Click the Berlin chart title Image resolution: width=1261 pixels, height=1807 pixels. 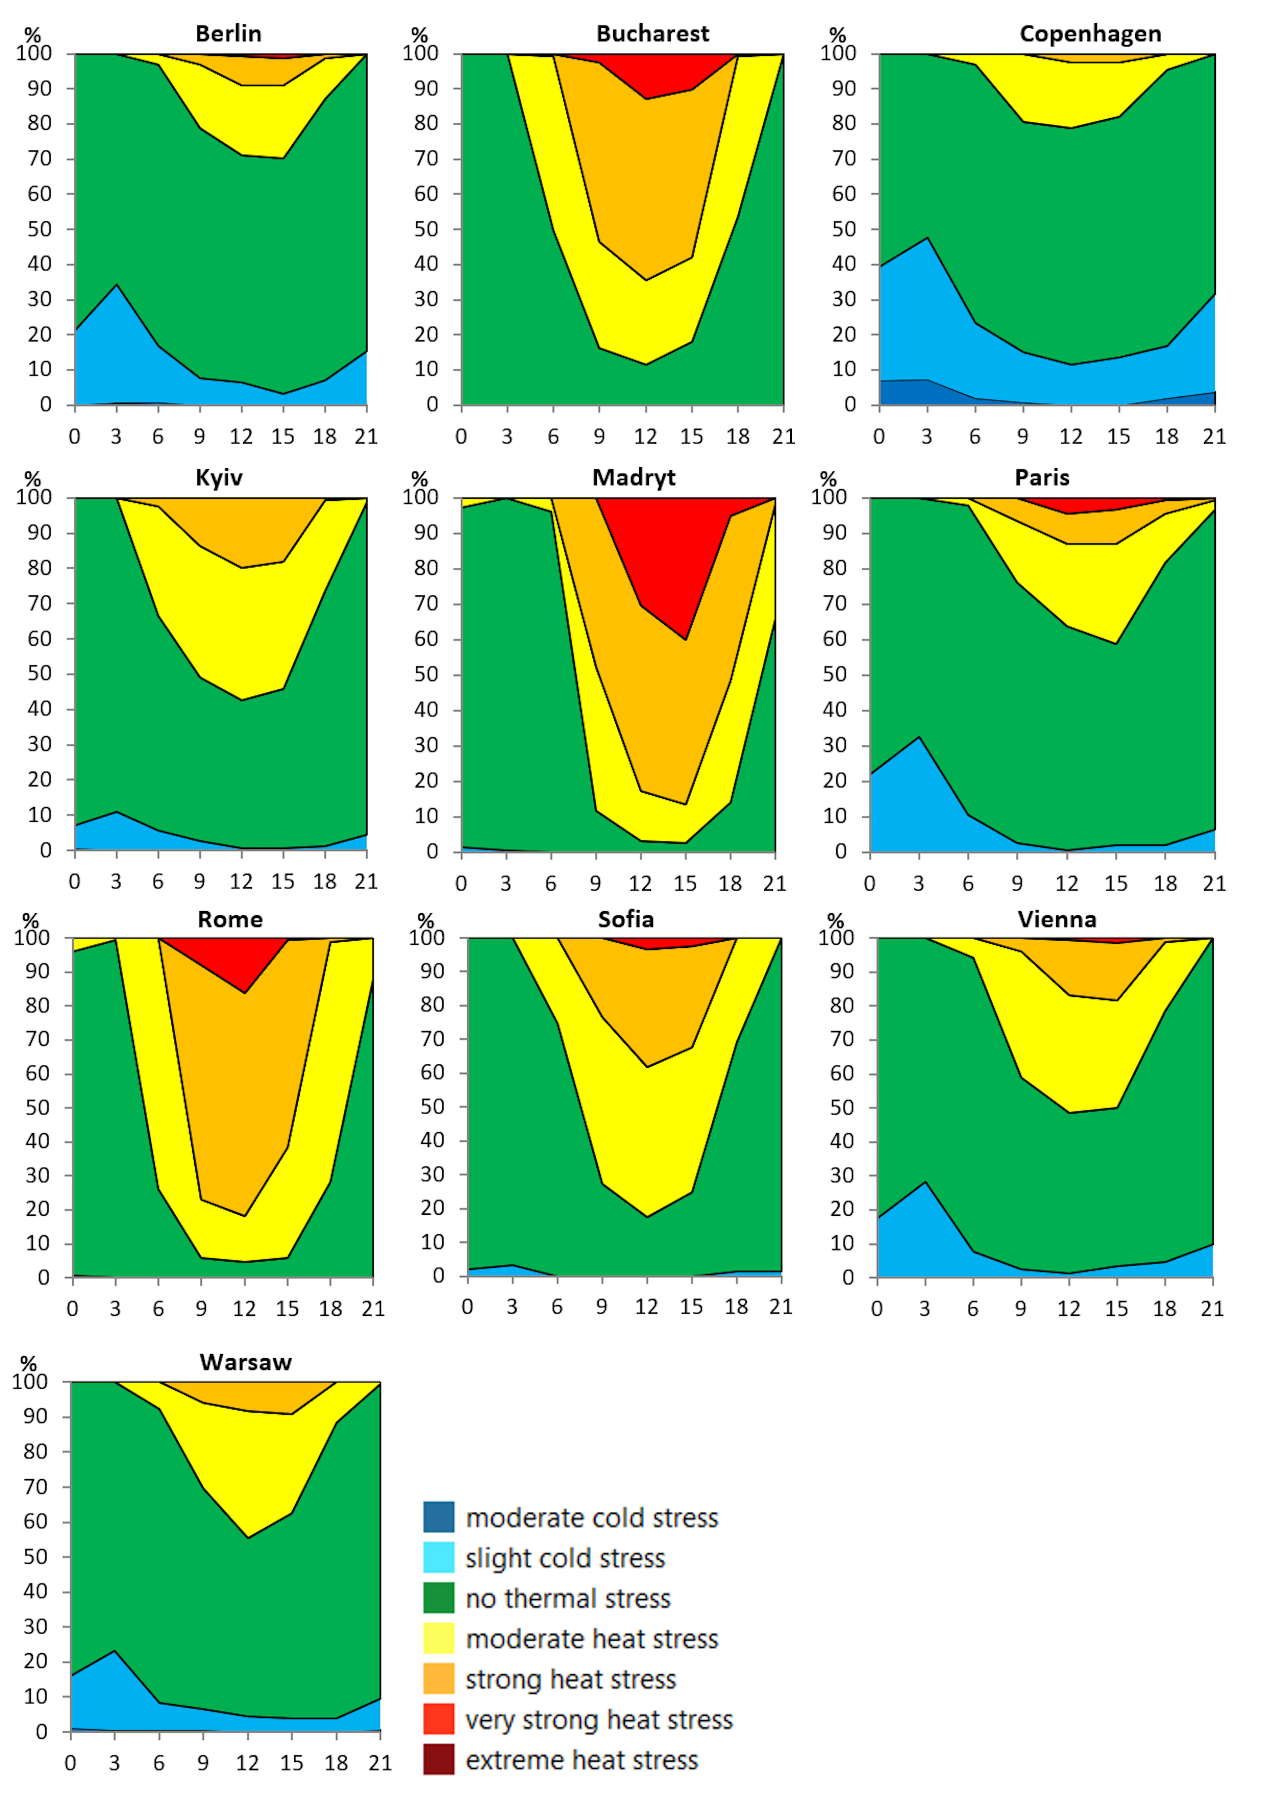(x=228, y=34)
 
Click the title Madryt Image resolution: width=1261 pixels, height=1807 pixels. (x=634, y=478)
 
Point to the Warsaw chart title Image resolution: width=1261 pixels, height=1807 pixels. (x=245, y=1362)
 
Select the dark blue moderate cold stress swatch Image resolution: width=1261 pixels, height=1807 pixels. (x=438, y=1517)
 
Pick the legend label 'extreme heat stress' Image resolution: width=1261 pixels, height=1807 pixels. (x=582, y=1760)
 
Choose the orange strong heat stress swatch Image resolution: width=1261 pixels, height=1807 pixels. (x=438, y=1679)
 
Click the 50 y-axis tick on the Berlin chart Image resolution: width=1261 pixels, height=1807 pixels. (x=39, y=229)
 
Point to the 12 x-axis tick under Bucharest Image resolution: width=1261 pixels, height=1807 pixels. (x=645, y=437)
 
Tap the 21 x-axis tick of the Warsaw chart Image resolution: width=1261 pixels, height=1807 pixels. (x=380, y=1763)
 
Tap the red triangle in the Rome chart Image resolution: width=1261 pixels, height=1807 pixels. (x=236, y=960)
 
